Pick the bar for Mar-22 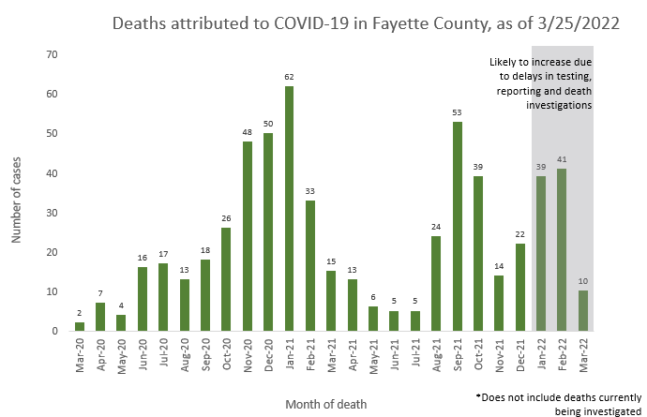point(583,311)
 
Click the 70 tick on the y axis point(53,54)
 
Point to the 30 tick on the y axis point(53,213)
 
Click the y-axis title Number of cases point(18,193)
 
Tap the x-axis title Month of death point(326,403)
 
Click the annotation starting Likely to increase point(543,84)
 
